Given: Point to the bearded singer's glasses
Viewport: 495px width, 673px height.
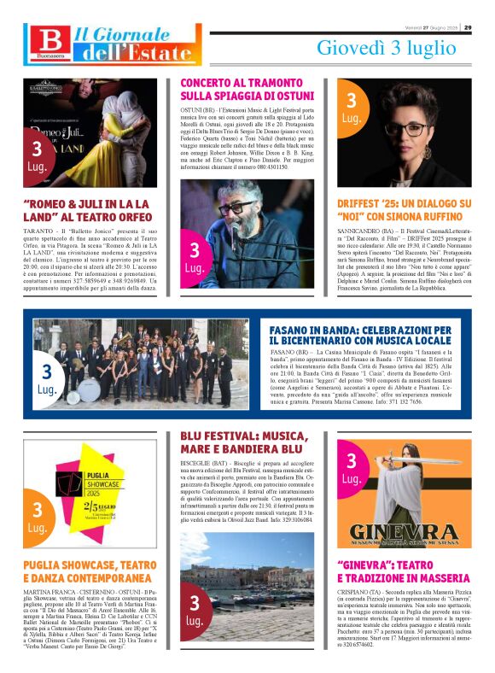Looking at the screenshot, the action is (x=235, y=208).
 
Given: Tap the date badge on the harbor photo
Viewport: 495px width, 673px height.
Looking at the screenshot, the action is (x=195, y=610).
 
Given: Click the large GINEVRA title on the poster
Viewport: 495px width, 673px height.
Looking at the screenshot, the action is (x=405, y=531).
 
